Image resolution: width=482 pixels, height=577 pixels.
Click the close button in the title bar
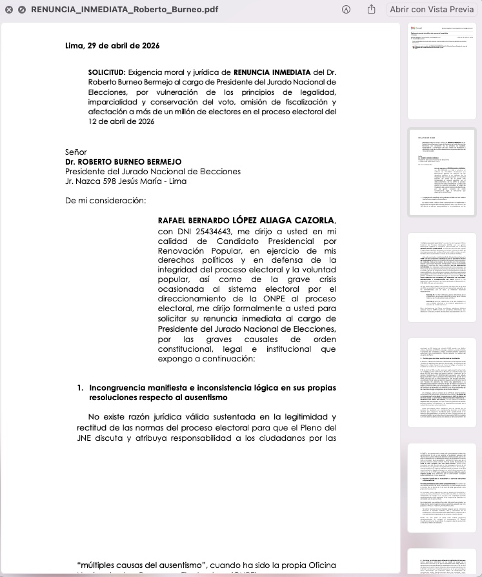point(9,10)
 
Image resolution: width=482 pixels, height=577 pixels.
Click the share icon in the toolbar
point(371,10)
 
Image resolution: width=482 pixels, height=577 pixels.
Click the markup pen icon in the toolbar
point(346,10)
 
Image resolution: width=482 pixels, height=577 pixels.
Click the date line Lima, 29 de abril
point(112,46)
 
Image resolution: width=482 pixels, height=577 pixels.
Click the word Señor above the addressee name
point(76,152)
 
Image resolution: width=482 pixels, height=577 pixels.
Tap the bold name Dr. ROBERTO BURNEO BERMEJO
point(123,161)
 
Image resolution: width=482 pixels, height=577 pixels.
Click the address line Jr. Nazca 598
point(126,181)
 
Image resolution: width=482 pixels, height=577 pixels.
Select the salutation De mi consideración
point(105,200)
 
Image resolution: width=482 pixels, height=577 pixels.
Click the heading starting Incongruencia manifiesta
point(212,388)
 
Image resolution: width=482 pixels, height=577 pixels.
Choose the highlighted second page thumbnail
point(441,172)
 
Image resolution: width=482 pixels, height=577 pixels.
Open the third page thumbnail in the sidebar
point(441,278)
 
